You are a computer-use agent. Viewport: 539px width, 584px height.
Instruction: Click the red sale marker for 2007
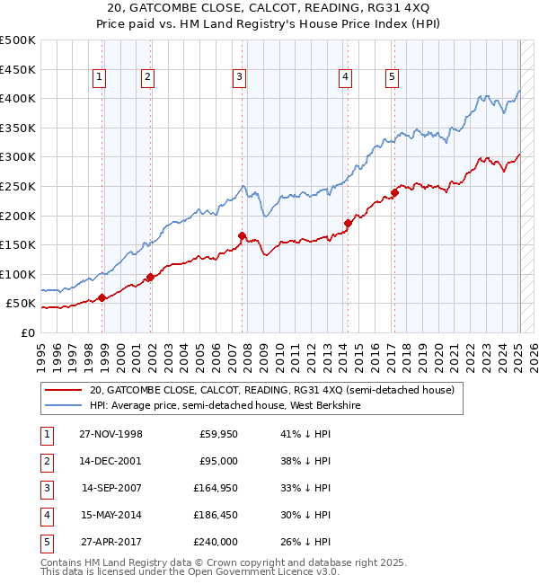pos(242,236)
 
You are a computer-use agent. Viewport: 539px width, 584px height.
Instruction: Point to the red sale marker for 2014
pos(348,223)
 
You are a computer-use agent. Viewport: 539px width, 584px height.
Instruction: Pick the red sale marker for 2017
pos(394,192)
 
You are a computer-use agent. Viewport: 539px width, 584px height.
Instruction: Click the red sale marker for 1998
pos(102,297)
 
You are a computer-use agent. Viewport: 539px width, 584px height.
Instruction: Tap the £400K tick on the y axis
pos(18,99)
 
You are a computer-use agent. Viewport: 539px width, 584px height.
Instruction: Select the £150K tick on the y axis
pos(18,244)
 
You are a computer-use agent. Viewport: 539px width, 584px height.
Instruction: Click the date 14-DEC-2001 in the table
pos(110,461)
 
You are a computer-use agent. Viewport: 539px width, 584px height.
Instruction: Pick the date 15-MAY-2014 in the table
pos(110,515)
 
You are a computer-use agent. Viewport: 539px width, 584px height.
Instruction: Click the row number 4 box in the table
pos(44,515)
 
